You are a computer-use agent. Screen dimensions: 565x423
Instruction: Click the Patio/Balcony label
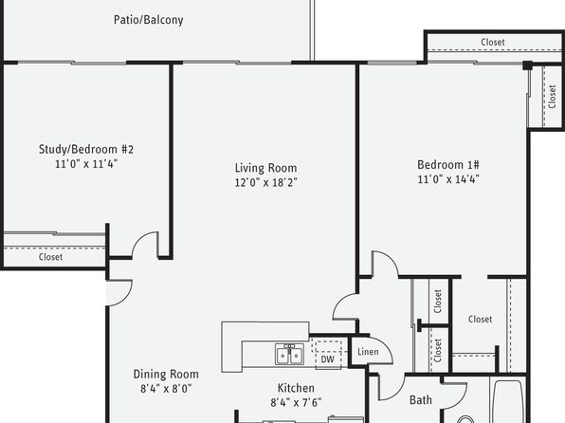click(x=149, y=20)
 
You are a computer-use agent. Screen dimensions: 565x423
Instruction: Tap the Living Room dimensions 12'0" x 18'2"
click(x=266, y=182)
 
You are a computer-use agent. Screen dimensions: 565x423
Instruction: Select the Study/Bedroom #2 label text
click(x=86, y=149)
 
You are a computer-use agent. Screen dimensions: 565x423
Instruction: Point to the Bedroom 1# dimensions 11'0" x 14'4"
click(x=448, y=179)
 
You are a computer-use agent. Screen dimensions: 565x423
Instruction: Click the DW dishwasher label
click(x=328, y=359)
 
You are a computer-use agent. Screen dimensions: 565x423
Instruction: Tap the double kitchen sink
click(x=289, y=354)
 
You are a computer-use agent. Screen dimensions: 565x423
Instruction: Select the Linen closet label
click(x=368, y=352)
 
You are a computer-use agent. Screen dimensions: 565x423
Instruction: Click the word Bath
click(x=421, y=400)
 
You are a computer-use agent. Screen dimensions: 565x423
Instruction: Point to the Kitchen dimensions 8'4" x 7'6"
click(x=296, y=402)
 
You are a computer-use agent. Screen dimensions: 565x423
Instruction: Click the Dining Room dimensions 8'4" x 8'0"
click(x=166, y=389)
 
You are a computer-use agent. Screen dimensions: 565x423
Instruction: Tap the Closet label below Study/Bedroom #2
click(x=50, y=257)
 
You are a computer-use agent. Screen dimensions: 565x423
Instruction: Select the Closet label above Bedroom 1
click(x=493, y=42)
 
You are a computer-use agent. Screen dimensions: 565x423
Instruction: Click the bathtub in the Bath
click(x=508, y=401)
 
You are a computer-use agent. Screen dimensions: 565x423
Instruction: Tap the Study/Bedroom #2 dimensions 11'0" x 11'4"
click(x=86, y=164)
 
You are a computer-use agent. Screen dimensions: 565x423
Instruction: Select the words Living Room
click(x=266, y=168)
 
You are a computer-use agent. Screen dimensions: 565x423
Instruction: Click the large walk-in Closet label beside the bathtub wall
click(x=480, y=319)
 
